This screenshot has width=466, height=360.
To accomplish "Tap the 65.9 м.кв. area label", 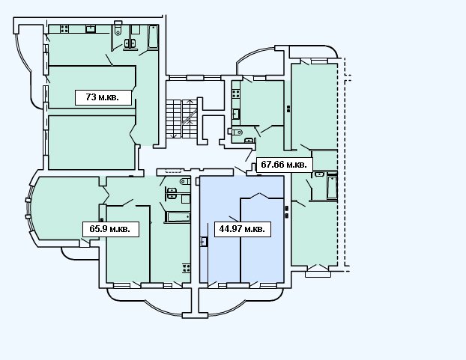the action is click(x=111, y=229).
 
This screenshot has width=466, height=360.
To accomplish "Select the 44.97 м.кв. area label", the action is click(x=243, y=229).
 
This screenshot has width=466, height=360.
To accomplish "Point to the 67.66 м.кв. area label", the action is click(x=284, y=164).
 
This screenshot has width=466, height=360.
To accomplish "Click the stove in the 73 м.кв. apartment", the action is click(x=64, y=28).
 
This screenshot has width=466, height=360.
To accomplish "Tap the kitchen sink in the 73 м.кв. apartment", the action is click(x=91, y=28).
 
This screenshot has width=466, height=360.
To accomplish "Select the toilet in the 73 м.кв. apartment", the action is click(x=118, y=28).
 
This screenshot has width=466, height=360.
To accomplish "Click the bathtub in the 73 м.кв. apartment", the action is click(x=153, y=37).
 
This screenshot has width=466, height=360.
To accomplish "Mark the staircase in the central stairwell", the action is click(x=181, y=119).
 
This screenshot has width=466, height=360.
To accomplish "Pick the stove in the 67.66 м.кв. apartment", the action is click(x=236, y=94).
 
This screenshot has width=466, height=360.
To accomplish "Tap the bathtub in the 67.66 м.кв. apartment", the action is click(x=332, y=187).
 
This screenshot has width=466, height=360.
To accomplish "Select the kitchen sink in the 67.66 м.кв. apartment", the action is click(x=236, y=114).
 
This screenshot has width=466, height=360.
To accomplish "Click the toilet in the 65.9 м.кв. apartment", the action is click(x=185, y=181).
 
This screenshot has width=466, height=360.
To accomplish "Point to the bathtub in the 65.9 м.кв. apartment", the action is click(x=178, y=217).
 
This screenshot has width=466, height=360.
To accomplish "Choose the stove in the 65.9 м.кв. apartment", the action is click(x=187, y=268).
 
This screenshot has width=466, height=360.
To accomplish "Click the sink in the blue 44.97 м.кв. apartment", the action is click(x=204, y=241).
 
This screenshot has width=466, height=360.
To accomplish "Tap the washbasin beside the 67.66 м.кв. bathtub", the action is click(x=319, y=174).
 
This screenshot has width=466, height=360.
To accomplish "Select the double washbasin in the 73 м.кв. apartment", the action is click(x=130, y=43).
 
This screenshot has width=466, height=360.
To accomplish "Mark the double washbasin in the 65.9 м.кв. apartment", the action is click(x=172, y=193).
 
